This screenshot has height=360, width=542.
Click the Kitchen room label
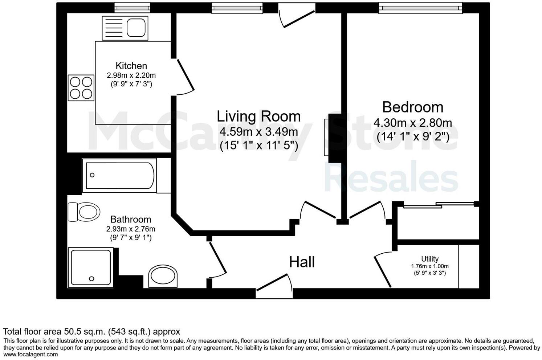pyautogui.click(x=131, y=66)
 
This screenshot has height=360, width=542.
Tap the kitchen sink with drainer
pyautogui.click(x=125, y=28)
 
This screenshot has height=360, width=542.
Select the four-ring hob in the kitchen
pyautogui.click(x=81, y=88)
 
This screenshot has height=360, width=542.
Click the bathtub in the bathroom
pyautogui.click(x=119, y=175)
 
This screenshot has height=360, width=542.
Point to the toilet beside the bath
pyautogui.click(x=84, y=212)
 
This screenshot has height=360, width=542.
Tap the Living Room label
pyautogui.click(x=258, y=116)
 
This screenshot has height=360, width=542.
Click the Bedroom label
pyautogui.click(x=413, y=107)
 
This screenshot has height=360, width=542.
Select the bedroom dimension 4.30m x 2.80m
pyautogui.click(x=413, y=123)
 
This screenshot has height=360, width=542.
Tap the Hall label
pyautogui.click(x=302, y=262)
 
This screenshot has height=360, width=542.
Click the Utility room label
pyautogui.click(x=429, y=259)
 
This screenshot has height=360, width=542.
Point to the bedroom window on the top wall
pyautogui.click(x=420, y=8)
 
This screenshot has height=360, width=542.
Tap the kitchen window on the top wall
pyautogui.click(x=132, y=7)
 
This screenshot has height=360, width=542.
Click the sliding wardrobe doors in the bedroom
pyautogui.click(x=439, y=205)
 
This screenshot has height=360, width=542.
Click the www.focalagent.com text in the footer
pyautogui.click(x=30, y=355)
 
